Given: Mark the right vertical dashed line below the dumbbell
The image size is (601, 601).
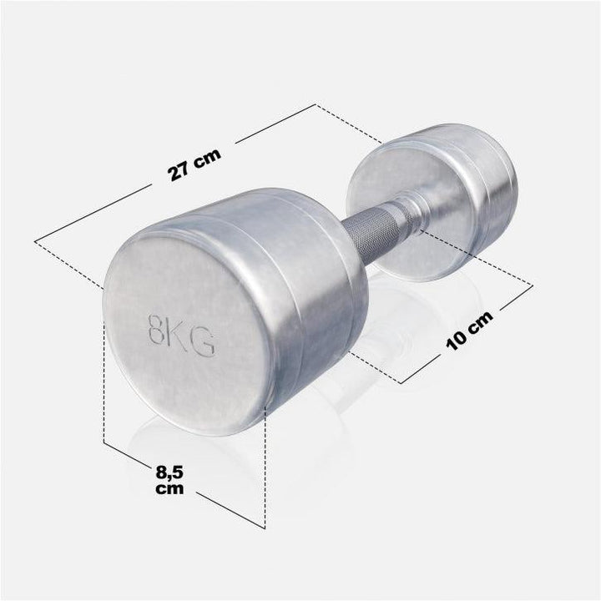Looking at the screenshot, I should [x=265, y=467].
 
